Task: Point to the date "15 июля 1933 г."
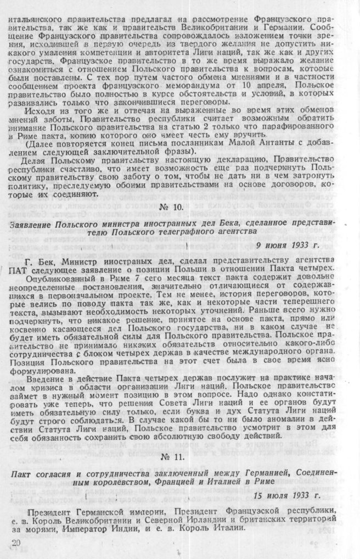(286, 496)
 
